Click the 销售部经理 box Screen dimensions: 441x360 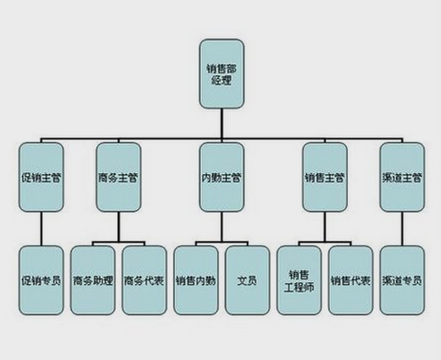(222, 73)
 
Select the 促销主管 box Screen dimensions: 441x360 (42, 177)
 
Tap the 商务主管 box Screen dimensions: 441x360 (118, 177)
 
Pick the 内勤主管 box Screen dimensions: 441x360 (222, 177)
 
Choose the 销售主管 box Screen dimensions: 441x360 (325, 177)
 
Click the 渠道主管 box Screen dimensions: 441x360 (402, 177)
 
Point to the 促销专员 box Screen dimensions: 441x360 (42, 280)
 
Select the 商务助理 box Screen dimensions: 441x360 (93, 280)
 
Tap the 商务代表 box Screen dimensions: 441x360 (144, 280)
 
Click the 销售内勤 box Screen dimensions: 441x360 (196, 280)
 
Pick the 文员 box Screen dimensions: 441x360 (248, 280)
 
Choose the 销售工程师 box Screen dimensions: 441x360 (299, 280)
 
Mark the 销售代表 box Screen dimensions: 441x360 (351, 280)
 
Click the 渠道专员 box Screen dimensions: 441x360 (402, 280)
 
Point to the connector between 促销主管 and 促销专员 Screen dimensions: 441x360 (42, 228)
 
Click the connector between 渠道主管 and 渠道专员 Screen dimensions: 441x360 (402, 228)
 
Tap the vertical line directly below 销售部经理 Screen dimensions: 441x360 (222, 123)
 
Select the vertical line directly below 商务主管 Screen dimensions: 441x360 (118, 227)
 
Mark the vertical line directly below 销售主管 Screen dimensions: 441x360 (325, 227)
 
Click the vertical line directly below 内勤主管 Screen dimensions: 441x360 (222, 227)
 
